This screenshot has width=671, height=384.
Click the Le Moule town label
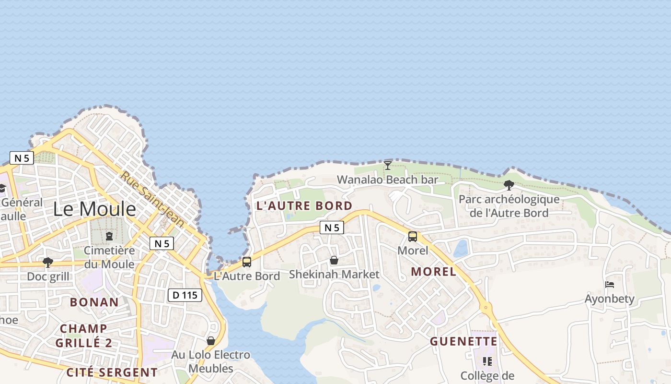coord(94,209)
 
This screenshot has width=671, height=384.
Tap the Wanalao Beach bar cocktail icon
coord(388,166)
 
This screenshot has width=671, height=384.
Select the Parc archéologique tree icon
coord(509,185)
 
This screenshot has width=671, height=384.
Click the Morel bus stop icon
coord(413,237)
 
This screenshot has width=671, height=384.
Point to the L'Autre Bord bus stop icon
coord(247,262)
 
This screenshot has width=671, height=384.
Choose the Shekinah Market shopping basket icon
coord(334,260)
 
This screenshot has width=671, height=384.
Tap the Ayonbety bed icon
coord(610,285)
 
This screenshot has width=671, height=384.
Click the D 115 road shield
coord(185,295)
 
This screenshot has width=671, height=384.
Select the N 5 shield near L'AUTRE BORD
coord(332,228)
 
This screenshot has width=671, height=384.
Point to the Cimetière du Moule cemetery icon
coord(109,236)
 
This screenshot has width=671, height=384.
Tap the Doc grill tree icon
coord(48,262)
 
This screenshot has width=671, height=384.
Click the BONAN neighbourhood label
coord(94,302)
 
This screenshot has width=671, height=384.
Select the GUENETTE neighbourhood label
coord(463,341)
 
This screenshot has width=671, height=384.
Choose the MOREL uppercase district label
coord(434,271)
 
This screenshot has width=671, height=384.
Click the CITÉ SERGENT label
coord(112,372)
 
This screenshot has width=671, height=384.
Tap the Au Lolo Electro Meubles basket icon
coord(211,341)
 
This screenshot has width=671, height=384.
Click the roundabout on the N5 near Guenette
coord(486,307)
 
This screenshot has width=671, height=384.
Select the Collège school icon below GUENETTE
coord(487,361)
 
